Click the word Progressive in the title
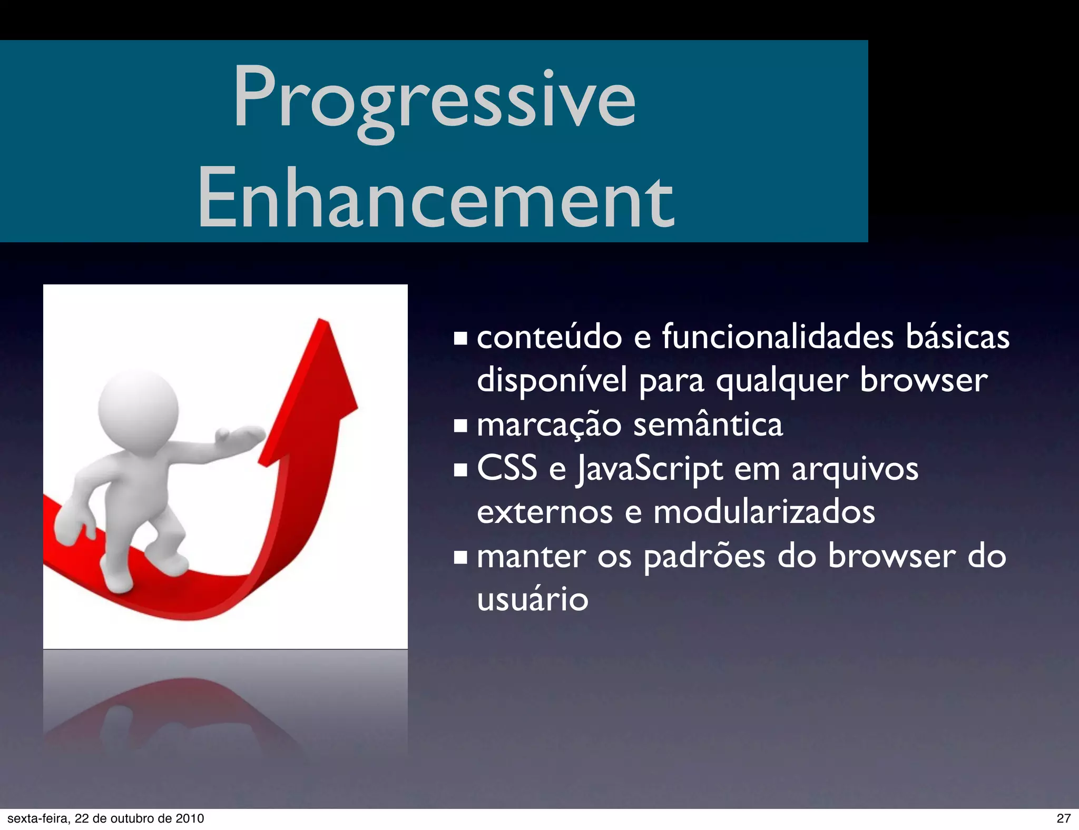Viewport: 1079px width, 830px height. [x=435, y=100]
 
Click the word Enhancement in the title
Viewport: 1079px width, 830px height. [x=435, y=199]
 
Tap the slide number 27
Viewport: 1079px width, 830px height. [x=1063, y=818]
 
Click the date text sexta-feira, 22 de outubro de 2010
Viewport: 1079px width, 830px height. [x=105, y=818]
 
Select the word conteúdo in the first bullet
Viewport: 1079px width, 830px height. [x=549, y=337]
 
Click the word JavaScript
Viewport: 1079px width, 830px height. [x=649, y=469]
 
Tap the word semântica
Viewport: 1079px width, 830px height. [x=708, y=425]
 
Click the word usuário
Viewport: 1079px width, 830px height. [x=532, y=599]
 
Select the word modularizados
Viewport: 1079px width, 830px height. [x=764, y=512]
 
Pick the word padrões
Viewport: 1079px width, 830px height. [x=704, y=557]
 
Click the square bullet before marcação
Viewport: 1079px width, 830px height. [x=460, y=426]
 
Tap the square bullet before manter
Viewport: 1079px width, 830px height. [x=460, y=557]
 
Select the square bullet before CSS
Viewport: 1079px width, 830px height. [x=460, y=469]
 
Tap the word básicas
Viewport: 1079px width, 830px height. [x=957, y=337]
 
